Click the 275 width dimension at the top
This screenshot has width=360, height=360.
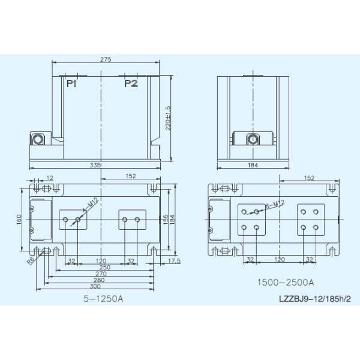click(x=106, y=59)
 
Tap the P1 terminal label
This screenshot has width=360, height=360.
click(x=71, y=83)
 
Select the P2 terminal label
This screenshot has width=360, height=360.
click(x=131, y=83)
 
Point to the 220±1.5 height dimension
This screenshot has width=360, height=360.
click(x=168, y=118)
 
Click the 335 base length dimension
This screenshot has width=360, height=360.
click(x=95, y=165)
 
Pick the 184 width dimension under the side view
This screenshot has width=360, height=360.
click(x=253, y=165)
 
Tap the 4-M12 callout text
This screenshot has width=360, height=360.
click(x=91, y=205)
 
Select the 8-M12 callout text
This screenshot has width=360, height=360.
click(x=275, y=204)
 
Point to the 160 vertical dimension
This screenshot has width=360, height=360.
click(x=19, y=220)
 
